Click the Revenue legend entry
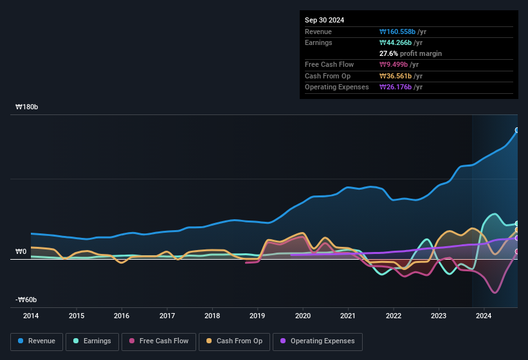[x=37, y=341]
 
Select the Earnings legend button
[x=92, y=341]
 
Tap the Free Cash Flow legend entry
[x=158, y=341]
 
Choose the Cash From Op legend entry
[x=234, y=341]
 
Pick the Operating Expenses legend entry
[x=318, y=341]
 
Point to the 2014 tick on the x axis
[x=31, y=316]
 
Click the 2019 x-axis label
[x=257, y=316]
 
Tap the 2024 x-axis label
[x=484, y=316]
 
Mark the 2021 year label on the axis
[x=348, y=316]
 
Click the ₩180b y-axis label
[x=27, y=107]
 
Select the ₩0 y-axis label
[x=21, y=251]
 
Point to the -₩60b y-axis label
[x=26, y=300]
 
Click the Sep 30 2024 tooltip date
[x=324, y=20]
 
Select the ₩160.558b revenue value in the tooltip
[x=399, y=32]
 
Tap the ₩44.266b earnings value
[x=397, y=43]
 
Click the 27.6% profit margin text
[x=410, y=53]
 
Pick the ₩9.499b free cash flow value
[x=395, y=65]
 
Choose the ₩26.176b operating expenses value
[x=397, y=87]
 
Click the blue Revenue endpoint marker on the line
[x=517, y=130]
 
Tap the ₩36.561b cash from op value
[x=397, y=76]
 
